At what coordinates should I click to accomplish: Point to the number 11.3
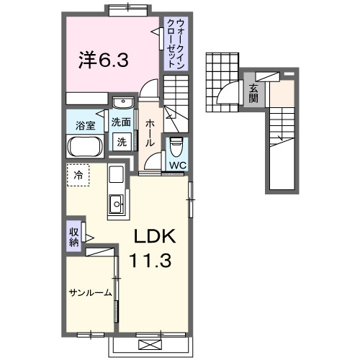click(150, 261)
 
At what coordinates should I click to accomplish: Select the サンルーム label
click(90, 293)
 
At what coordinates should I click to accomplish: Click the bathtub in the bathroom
click(86, 148)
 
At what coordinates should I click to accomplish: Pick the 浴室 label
click(85, 125)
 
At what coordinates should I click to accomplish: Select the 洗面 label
click(121, 122)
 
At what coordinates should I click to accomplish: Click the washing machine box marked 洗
click(122, 142)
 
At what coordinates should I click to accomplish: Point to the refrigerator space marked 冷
click(78, 174)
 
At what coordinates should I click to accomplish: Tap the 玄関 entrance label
click(254, 94)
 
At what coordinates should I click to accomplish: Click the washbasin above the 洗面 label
click(120, 102)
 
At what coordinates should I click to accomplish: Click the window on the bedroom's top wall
click(129, 8)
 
